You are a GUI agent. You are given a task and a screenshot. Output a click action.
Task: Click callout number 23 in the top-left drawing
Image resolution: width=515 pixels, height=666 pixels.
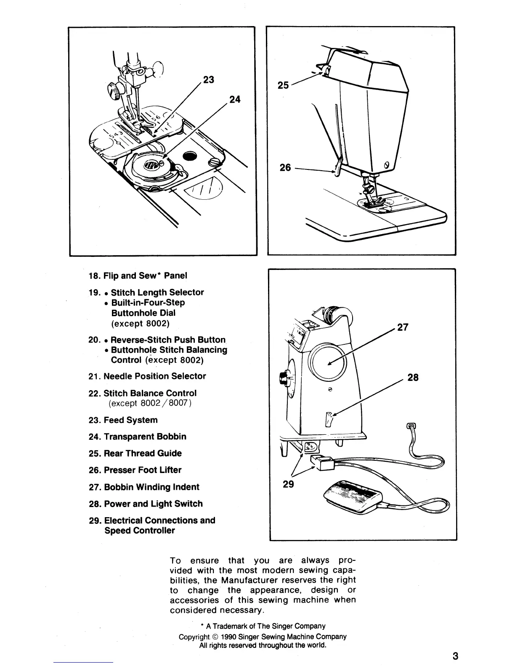pyautogui.click(x=208, y=79)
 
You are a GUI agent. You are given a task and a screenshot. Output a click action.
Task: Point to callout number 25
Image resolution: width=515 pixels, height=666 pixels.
pyautogui.click(x=284, y=85)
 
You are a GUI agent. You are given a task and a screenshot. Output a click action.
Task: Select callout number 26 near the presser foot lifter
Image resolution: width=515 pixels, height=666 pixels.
pyautogui.click(x=285, y=167)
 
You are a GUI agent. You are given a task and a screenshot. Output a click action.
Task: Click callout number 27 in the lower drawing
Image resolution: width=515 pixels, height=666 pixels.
pyautogui.click(x=403, y=327)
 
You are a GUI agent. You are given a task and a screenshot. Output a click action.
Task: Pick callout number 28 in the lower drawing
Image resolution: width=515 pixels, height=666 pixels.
pyautogui.click(x=413, y=377)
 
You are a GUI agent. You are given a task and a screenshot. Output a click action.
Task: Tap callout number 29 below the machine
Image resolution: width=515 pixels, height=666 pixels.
pyautogui.click(x=288, y=484)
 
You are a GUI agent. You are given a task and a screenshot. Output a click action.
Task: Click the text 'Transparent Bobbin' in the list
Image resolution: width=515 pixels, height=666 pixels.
pyautogui.click(x=145, y=436)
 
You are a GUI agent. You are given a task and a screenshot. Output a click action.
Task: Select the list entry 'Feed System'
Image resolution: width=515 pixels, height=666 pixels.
pyautogui.click(x=130, y=420)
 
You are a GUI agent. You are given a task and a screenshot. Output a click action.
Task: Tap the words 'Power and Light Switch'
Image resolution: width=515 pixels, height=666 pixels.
pyautogui.click(x=153, y=504)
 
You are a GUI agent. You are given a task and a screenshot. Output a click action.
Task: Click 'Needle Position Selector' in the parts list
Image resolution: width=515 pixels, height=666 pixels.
pyautogui.click(x=154, y=376)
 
